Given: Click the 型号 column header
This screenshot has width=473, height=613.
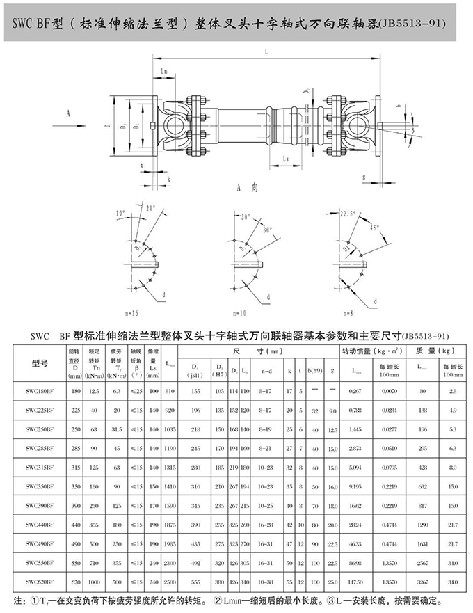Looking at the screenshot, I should [x=40, y=363].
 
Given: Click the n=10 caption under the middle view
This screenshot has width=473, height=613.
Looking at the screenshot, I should [x=242, y=315].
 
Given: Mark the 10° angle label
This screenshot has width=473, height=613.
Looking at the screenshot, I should [x=120, y=212].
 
